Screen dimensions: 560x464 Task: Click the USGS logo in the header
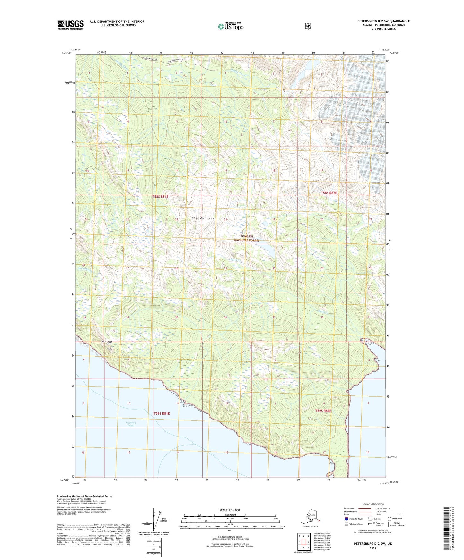pyautogui.click(x=71, y=25)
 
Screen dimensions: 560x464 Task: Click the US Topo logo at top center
pyautogui.click(x=231, y=26)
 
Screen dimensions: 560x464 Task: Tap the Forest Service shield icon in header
pyautogui.click(x=308, y=26)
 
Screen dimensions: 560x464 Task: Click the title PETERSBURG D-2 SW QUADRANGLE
pyautogui.click(x=383, y=21)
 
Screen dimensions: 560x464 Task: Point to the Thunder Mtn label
pyautogui.click(x=203, y=218)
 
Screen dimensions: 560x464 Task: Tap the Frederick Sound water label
pyautogui.click(x=130, y=424)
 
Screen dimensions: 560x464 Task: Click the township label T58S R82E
pyautogui.click(x=329, y=193)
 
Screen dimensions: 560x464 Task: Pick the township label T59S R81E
pyautogui.click(x=162, y=414)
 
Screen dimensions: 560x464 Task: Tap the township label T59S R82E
pyautogui.click(x=323, y=411)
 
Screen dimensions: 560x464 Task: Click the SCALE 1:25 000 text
pyautogui.click(x=229, y=510)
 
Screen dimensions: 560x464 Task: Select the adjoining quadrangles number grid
pyautogui.click(x=303, y=542)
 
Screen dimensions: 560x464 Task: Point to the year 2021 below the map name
pyautogui.click(x=373, y=548)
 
